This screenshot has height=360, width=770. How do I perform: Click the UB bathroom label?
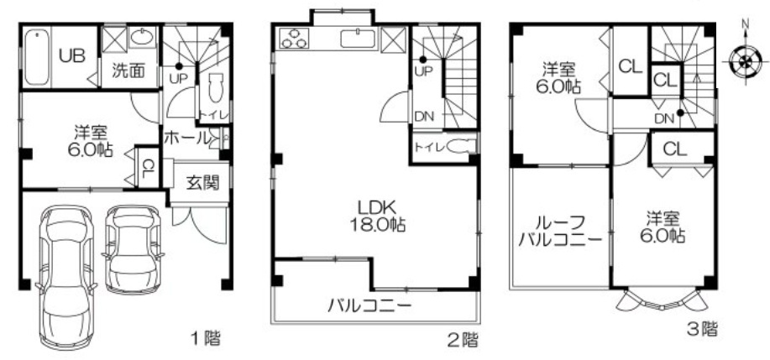coord(72,55)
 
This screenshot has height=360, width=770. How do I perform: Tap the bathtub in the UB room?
coord(37,56)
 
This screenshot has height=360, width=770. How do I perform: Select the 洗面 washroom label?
coord(128,71)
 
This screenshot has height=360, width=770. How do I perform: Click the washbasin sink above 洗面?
coord(143,37)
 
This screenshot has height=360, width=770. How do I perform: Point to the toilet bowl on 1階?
coord(216,87)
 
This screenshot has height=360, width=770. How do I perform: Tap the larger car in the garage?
coord(65,277)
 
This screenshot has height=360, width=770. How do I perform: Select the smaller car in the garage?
coord(133,249)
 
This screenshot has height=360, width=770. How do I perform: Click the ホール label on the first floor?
coord(186,138)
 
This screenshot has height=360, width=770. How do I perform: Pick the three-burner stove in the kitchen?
coord(294,39)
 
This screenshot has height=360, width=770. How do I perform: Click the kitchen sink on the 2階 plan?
coord(358,39)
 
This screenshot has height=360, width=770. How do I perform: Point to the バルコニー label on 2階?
coord(369,306)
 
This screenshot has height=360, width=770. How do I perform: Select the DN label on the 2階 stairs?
coord(424,117)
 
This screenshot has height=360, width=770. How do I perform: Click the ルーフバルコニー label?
coord(559,231)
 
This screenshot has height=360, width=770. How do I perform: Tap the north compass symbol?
coord(745,60)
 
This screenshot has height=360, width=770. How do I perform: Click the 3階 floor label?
coord(701,329)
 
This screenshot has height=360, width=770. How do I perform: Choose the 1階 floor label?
coord(205,338)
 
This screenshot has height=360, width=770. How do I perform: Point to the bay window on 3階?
coord(661,300)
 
